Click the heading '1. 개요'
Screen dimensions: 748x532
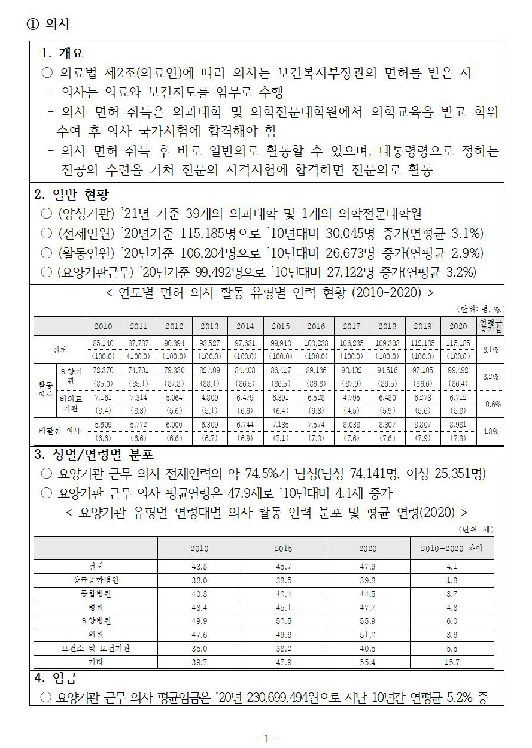pyautogui.click(x=62, y=53)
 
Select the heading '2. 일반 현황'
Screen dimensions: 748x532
pyautogui.click(x=71, y=195)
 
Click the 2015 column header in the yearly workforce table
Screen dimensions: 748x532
pyautogui.click(x=280, y=326)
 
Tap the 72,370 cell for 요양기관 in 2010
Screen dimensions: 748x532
pyautogui.click(x=103, y=370)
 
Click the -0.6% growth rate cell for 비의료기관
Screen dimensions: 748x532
pyautogui.click(x=490, y=404)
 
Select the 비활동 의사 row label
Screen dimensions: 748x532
pyautogui.click(x=59, y=430)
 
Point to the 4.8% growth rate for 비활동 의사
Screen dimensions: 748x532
pyautogui.click(x=490, y=430)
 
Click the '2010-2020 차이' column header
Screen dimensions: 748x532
pyautogui.click(x=451, y=548)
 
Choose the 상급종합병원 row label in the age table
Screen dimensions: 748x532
pyautogui.click(x=96, y=580)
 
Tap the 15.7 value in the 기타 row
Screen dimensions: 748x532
pyautogui.click(x=451, y=662)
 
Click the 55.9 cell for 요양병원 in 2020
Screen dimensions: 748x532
pyautogui.click(x=367, y=621)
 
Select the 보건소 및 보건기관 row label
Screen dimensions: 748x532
pyautogui.click(x=96, y=648)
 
